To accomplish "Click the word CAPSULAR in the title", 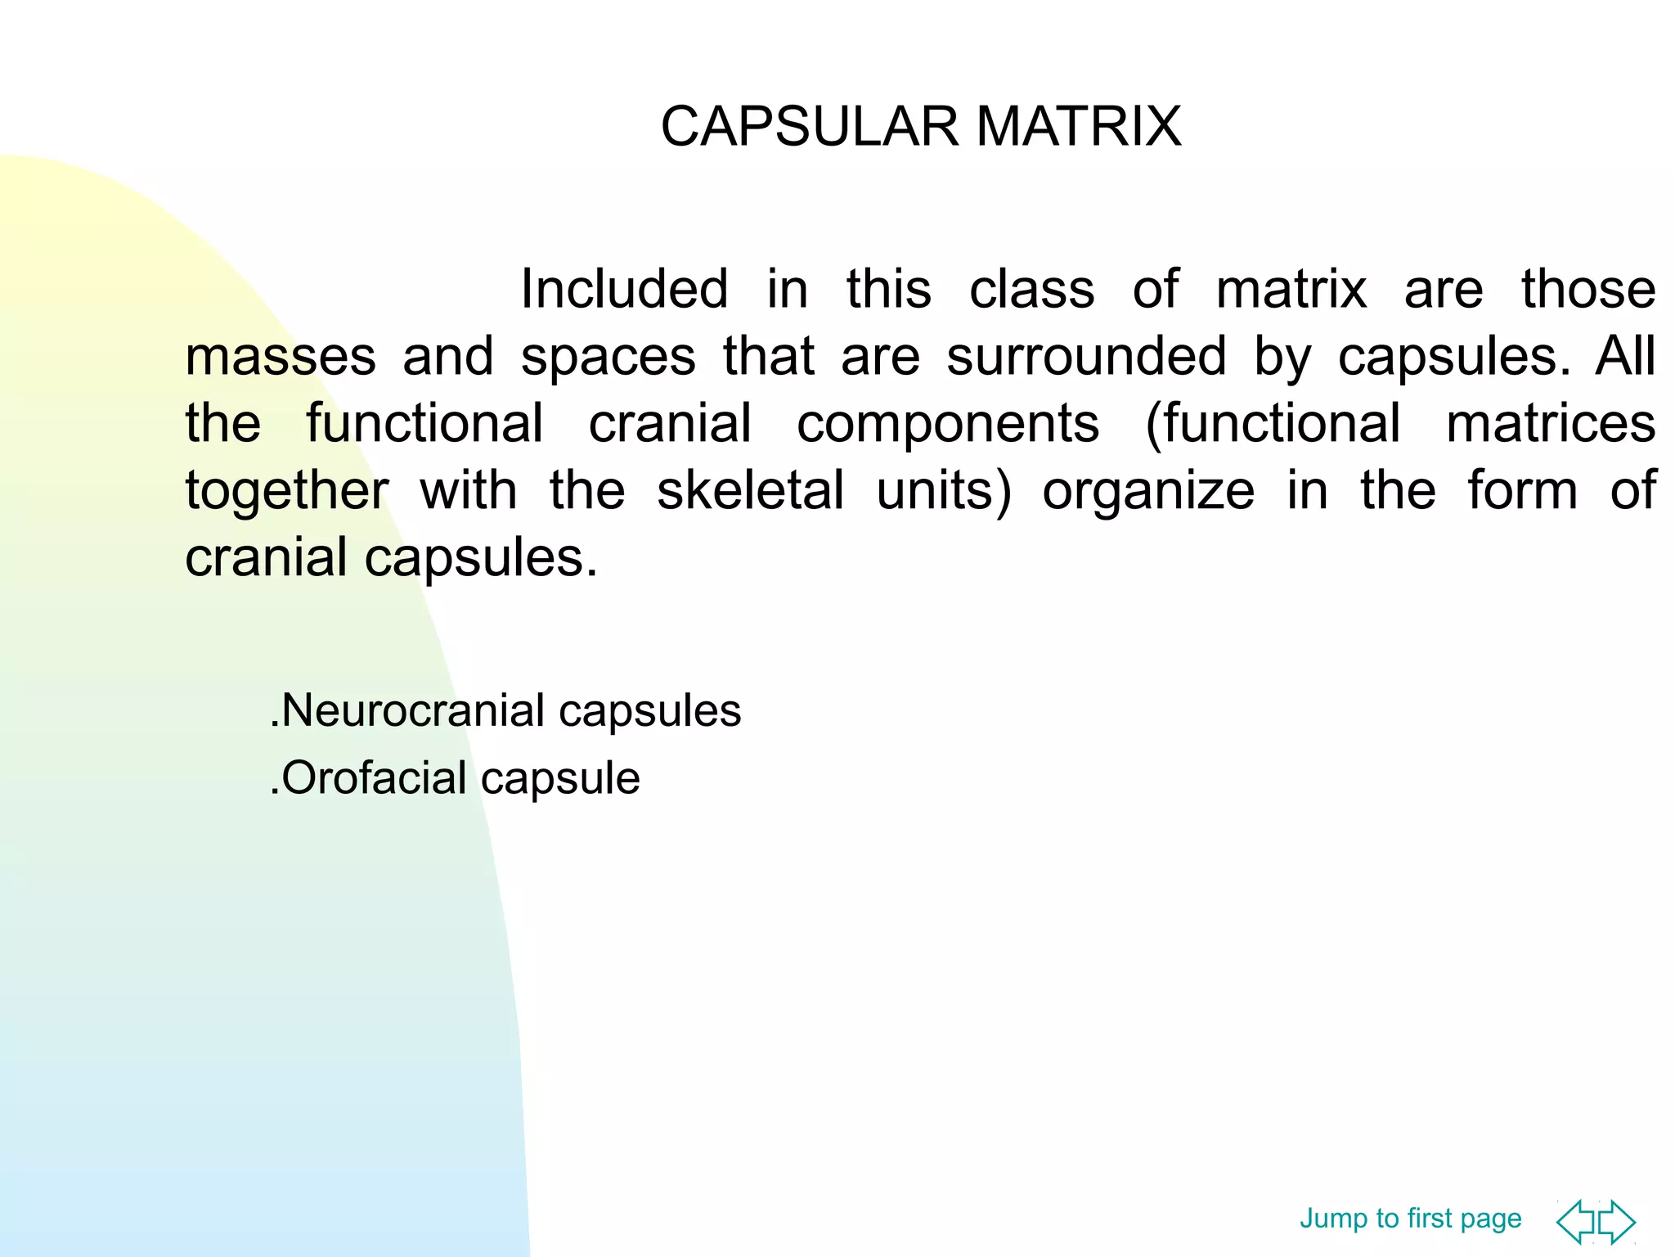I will pyautogui.click(x=808, y=127).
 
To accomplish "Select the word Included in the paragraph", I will pyautogui.click(x=624, y=289).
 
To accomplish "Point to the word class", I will pyautogui.click(x=1031, y=289).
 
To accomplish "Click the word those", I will pyautogui.click(x=1587, y=289).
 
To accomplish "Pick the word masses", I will pyautogui.click(x=281, y=357).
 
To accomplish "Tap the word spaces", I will pyautogui.click(x=608, y=357).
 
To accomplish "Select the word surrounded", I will pyautogui.click(x=1086, y=357).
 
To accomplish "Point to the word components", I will pyautogui.click(x=948, y=424).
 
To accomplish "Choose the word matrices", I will pyautogui.click(x=1551, y=424).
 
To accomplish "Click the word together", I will pyautogui.click(x=286, y=491).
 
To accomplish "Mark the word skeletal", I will pyautogui.click(x=750, y=491).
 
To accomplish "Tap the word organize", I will pyautogui.click(x=1148, y=491).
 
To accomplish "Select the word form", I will pyautogui.click(x=1522, y=491).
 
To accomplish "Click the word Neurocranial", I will pyautogui.click(x=412, y=710).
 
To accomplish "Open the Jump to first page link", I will pyautogui.click(x=1410, y=1219).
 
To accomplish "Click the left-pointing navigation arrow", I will pyautogui.click(x=1576, y=1222).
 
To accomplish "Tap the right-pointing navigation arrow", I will pyautogui.click(x=1618, y=1222).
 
